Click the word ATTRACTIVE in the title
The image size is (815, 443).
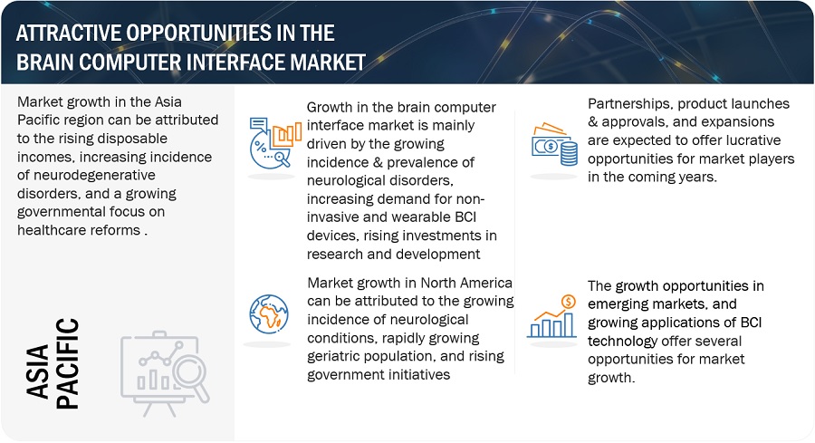[69, 34]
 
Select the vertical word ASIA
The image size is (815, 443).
[37, 371]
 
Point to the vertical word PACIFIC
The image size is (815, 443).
[67, 363]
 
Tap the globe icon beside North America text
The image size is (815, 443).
[269, 313]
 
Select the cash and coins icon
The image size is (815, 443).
[554, 144]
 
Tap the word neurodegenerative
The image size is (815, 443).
[86, 175]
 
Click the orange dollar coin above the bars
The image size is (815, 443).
[568, 302]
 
